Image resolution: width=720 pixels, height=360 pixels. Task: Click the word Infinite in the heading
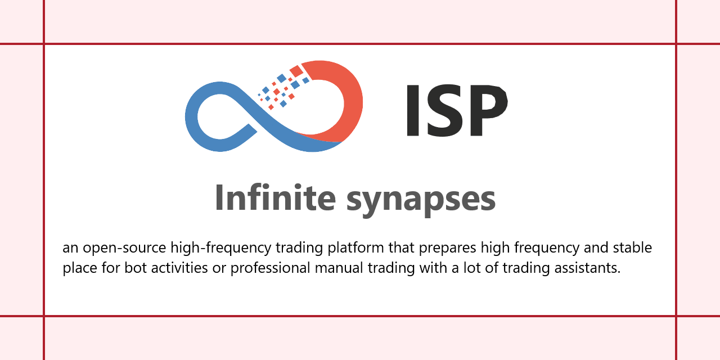pyautogui.click(x=275, y=198)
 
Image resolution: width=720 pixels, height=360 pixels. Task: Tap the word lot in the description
pyautogui.click(x=473, y=268)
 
